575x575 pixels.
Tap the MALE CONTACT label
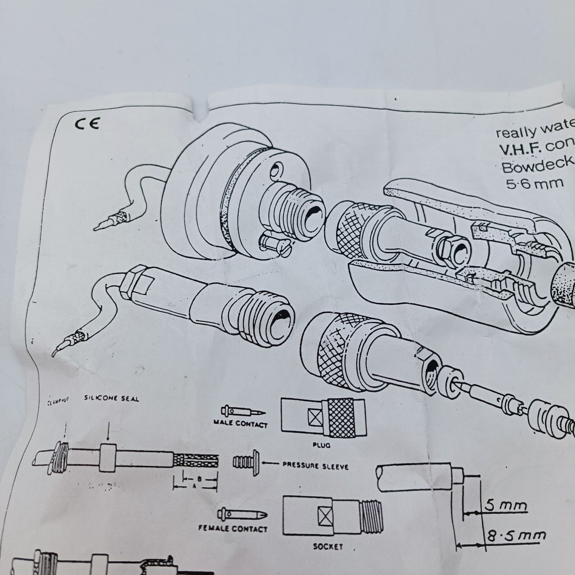(240, 424)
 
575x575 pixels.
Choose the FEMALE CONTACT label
(233, 529)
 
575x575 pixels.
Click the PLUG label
(321, 445)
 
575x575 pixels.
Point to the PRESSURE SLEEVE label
(315, 466)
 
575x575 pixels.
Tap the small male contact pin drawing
(242, 411)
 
